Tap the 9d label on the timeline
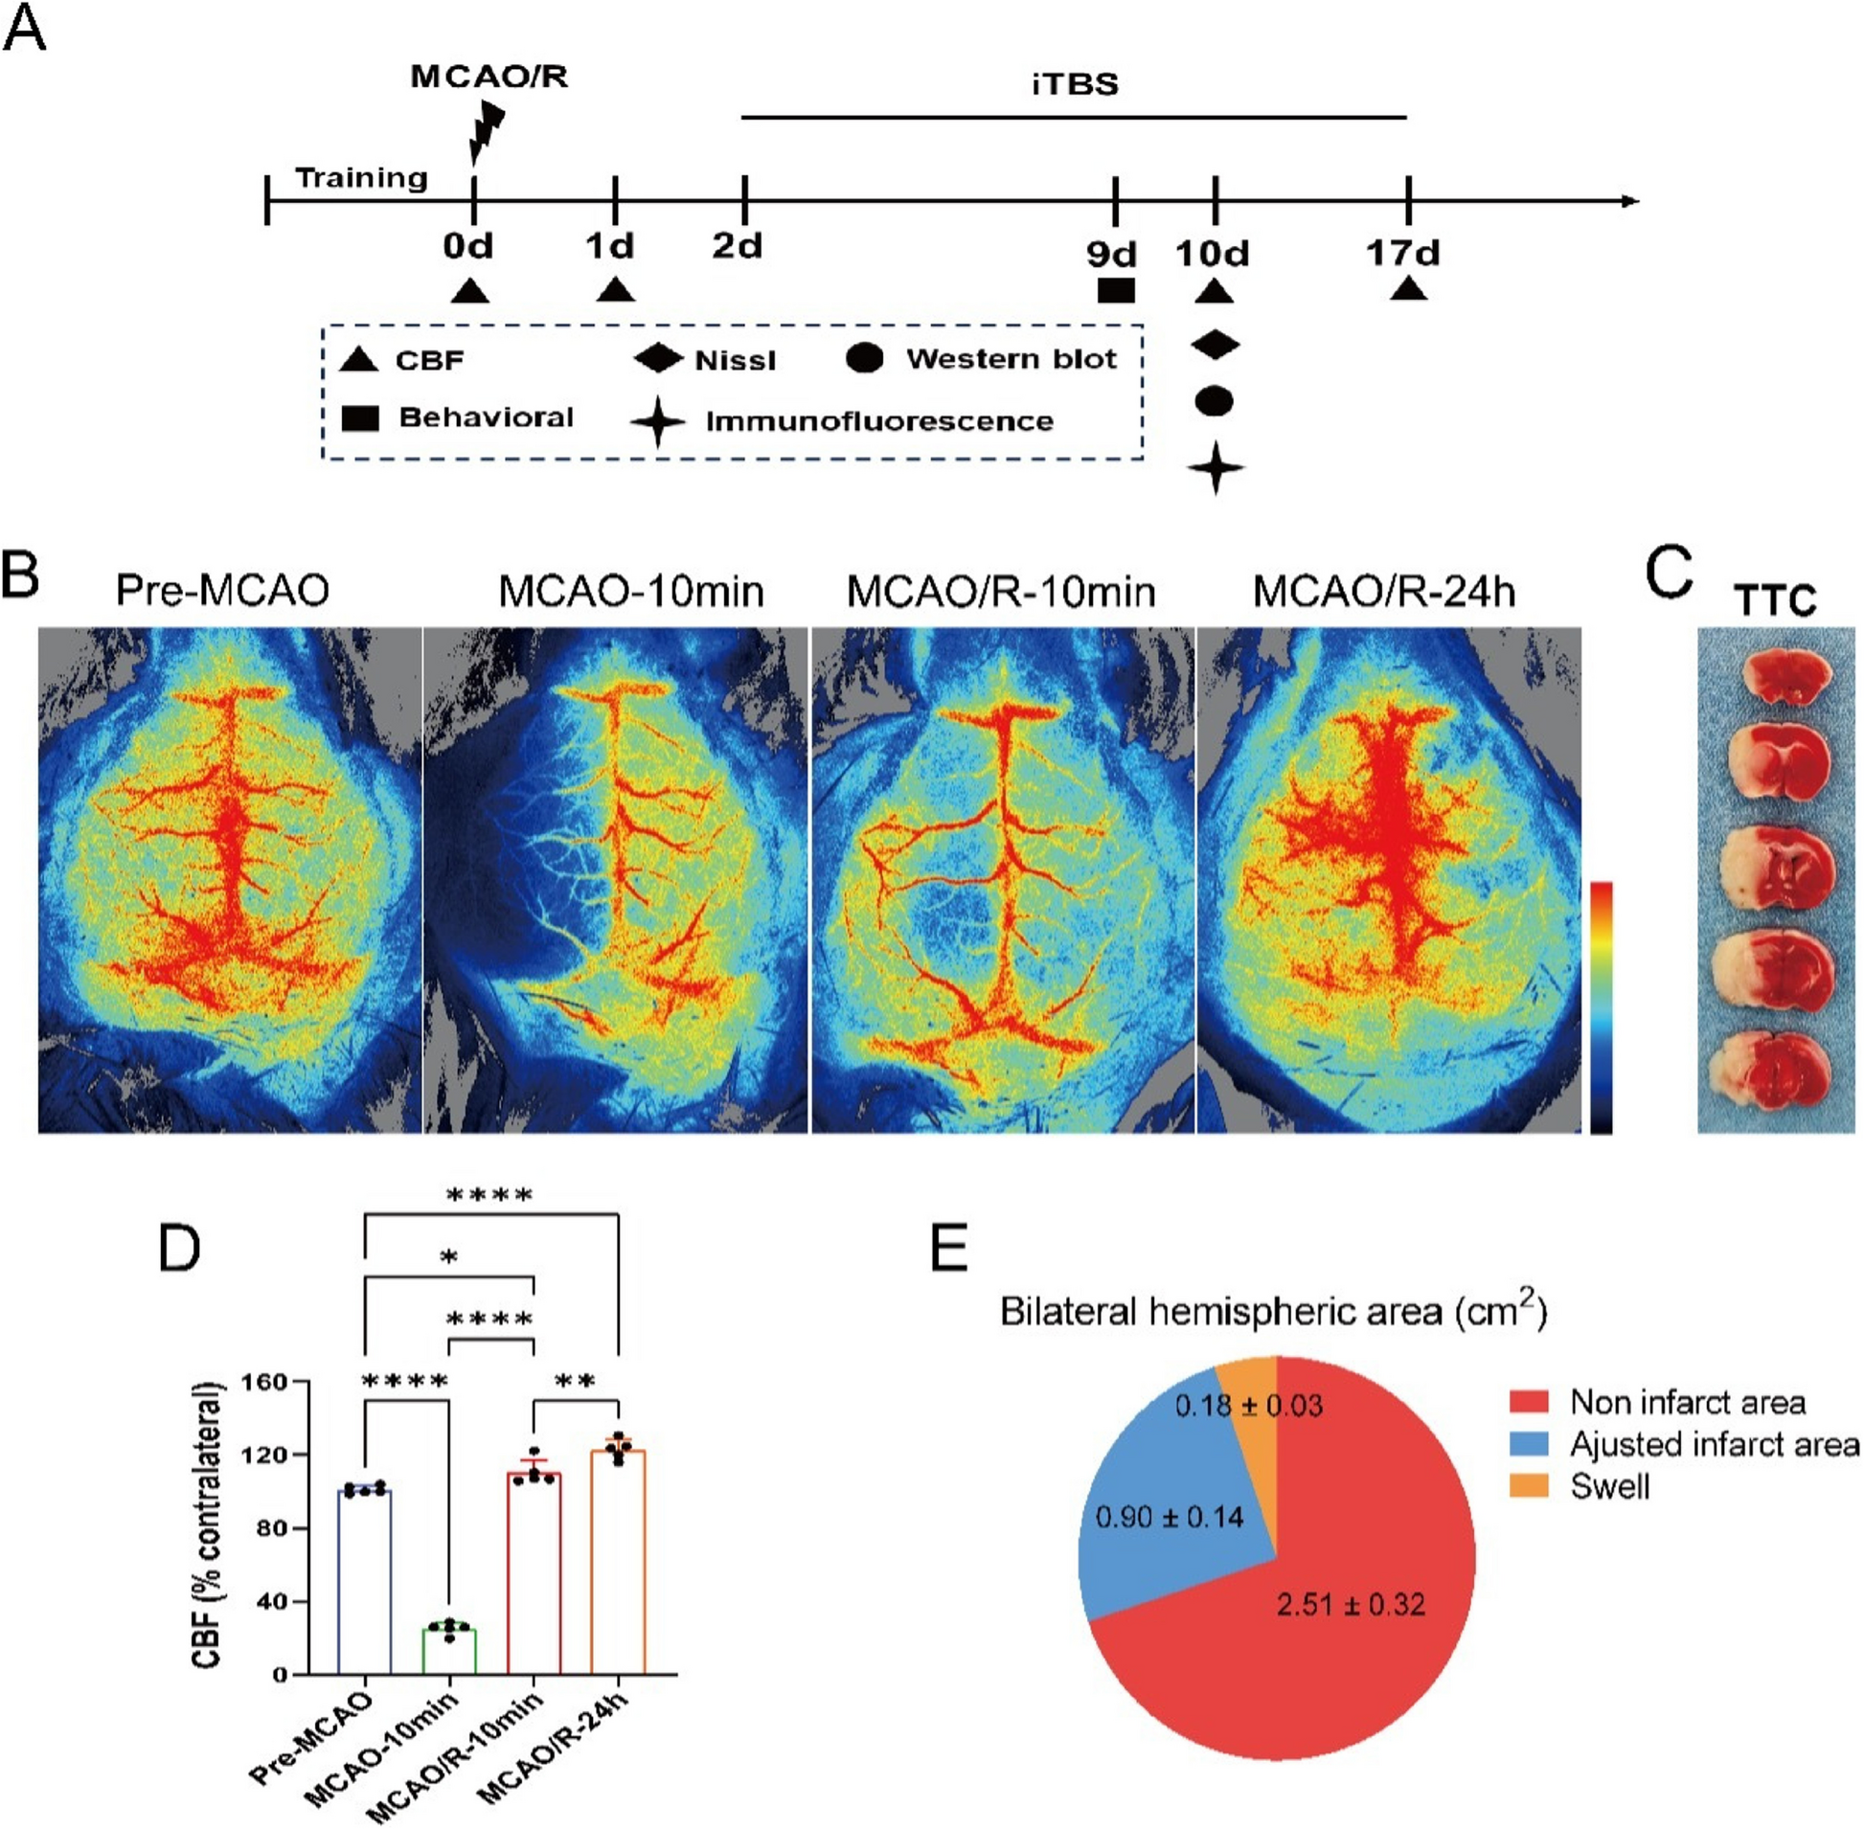coord(1112,255)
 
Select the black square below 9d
coord(1116,290)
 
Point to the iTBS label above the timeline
coord(1075,84)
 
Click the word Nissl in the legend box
coord(735,360)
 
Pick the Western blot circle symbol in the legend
coord(865,358)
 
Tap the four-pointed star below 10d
coord(1216,468)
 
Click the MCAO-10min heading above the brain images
coord(631,591)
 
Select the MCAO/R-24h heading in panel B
coord(1384,591)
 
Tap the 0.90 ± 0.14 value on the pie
coord(1170,1518)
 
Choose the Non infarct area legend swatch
coord(1529,1402)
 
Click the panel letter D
coord(180,1249)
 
